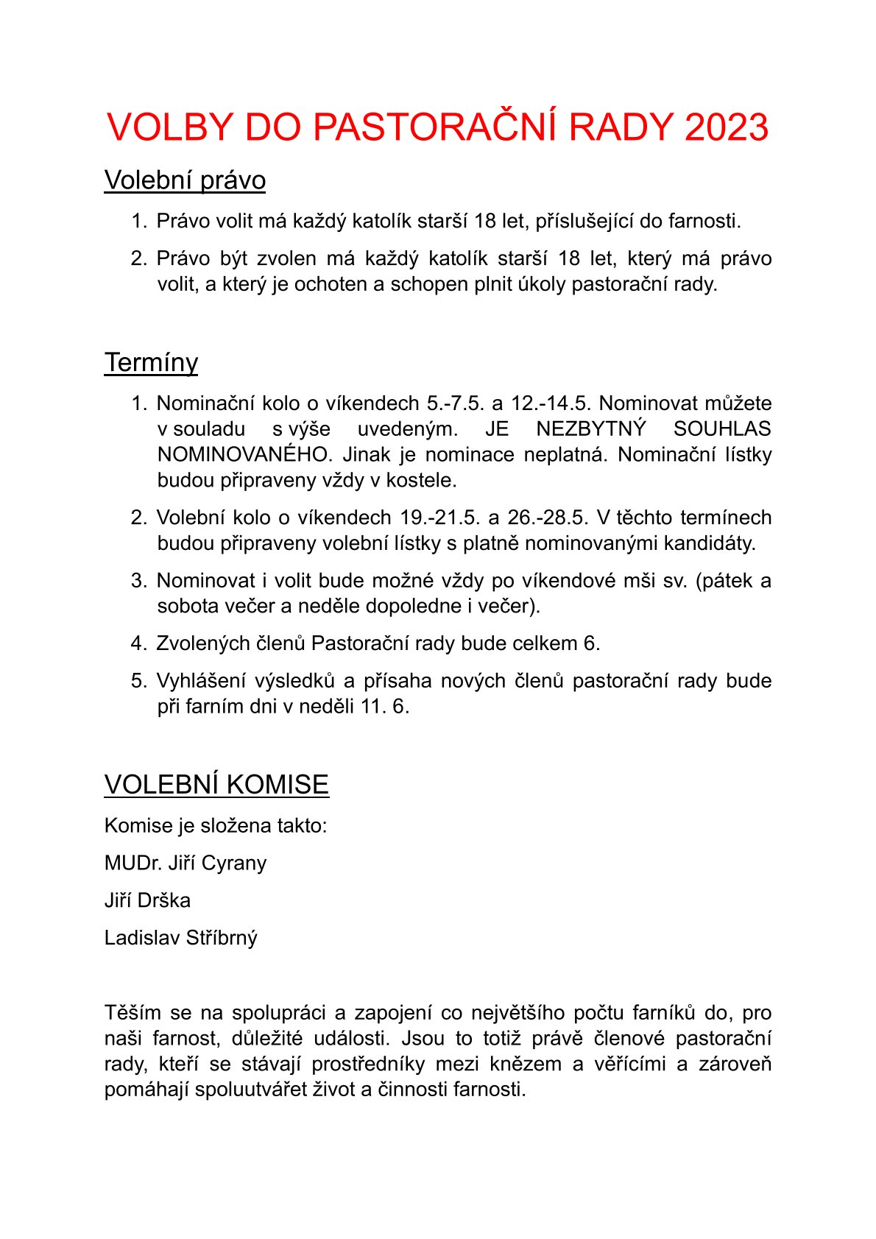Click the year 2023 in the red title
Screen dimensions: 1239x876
click(727, 127)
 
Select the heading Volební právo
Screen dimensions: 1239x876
click(185, 180)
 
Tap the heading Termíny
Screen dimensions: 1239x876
click(151, 363)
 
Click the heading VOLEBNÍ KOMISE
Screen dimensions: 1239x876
click(216, 785)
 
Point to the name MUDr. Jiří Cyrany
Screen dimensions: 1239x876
click(186, 863)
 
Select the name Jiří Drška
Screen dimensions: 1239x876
click(147, 900)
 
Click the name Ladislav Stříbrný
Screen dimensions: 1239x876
click(181, 938)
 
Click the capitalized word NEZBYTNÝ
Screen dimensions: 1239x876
click(590, 429)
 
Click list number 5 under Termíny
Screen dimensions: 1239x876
click(139, 681)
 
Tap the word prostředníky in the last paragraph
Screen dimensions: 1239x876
click(368, 1065)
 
